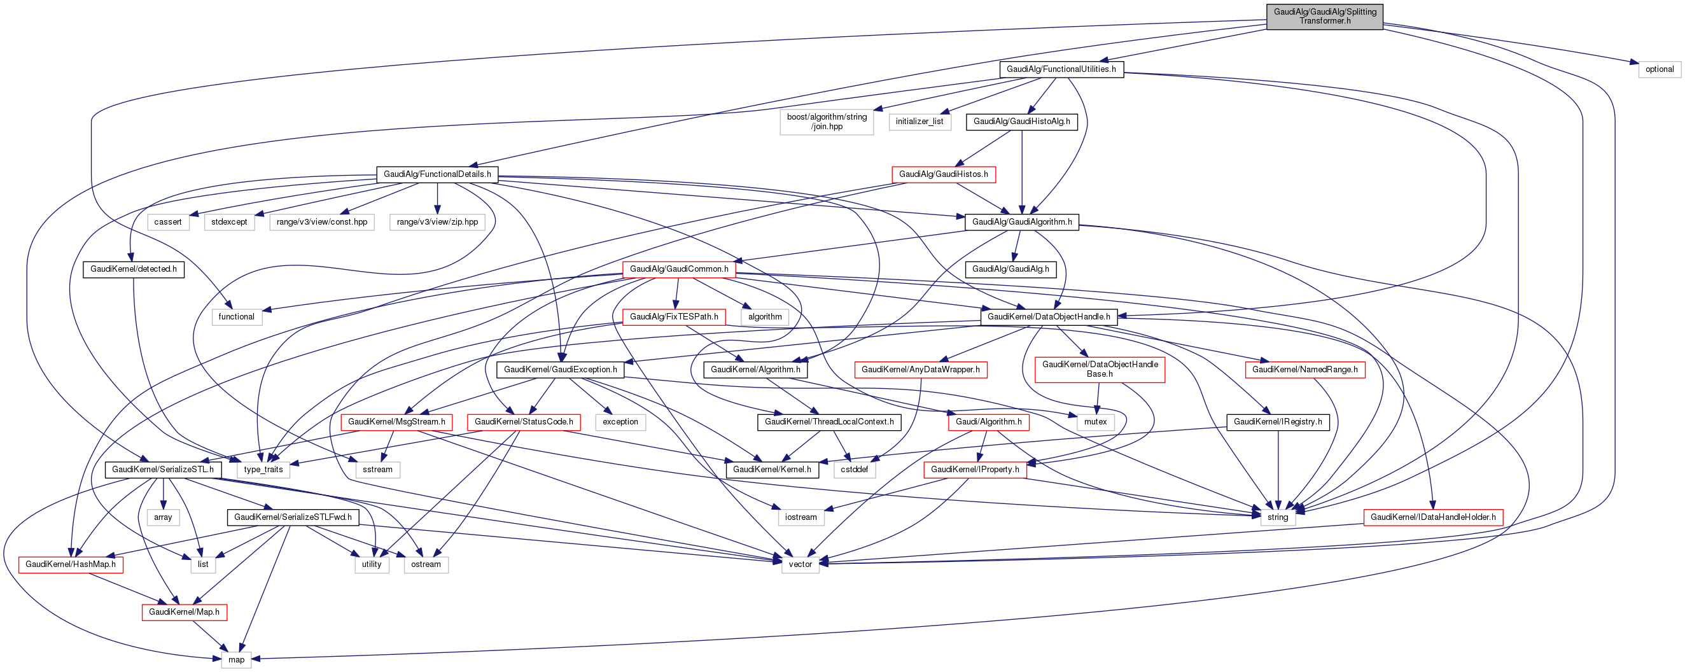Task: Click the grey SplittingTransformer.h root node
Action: point(1324,17)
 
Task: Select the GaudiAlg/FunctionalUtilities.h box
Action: point(1060,69)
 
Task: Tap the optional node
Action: point(1659,69)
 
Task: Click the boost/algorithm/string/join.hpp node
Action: point(826,122)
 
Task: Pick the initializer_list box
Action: point(919,122)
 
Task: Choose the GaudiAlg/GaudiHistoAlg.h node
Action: point(1021,122)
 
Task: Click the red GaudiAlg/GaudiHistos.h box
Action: point(943,174)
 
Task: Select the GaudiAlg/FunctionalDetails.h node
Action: point(437,174)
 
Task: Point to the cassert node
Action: point(167,222)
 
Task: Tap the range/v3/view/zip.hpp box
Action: point(437,222)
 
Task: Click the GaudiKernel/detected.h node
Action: point(134,269)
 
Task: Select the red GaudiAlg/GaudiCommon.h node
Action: point(678,269)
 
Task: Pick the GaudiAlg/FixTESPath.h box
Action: point(674,317)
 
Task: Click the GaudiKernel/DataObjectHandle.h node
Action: point(1048,317)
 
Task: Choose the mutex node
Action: point(1095,422)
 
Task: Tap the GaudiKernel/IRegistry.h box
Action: point(1277,422)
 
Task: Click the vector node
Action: point(800,564)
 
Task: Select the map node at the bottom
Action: point(236,659)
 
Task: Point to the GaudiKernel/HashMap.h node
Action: point(71,564)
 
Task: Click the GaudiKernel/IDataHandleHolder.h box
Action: point(1432,517)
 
